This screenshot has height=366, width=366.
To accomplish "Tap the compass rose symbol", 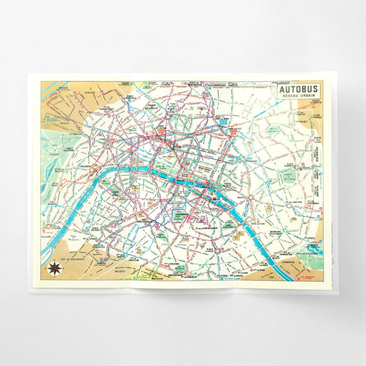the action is pyautogui.click(x=55, y=268).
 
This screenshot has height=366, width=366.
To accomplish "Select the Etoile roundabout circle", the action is pyautogui.click(x=107, y=145).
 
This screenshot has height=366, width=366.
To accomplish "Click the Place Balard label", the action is pyautogui.click(x=95, y=229).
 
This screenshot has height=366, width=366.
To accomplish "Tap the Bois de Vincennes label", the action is pyautogui.click(x=310, y=253).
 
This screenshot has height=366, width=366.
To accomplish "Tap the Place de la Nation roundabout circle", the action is pyautogui.click(x=289, y=206).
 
